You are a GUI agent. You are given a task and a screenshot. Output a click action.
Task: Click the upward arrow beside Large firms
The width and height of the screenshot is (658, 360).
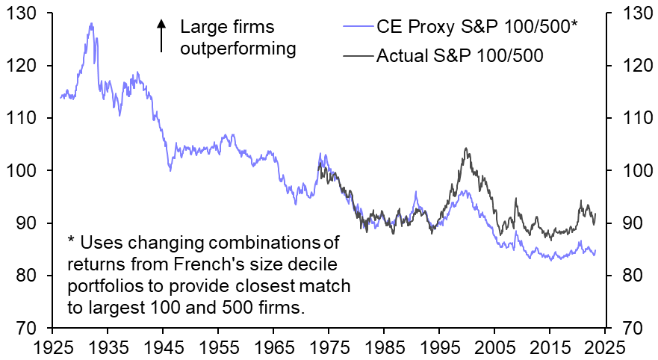161,36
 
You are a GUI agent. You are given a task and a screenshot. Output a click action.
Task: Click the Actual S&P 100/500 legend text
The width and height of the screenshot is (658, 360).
459,55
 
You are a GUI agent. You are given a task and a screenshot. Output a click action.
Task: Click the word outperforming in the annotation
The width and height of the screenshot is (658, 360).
238,49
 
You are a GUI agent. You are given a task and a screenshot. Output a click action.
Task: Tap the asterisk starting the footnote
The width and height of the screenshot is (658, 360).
71,240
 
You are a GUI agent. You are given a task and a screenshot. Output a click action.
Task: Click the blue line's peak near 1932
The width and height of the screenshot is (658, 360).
91,23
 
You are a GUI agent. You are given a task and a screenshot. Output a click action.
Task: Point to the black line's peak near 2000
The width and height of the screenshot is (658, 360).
466,149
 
